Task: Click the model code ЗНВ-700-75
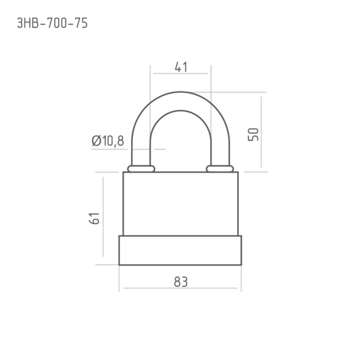[x=53, y=23]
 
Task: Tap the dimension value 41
[x=181, y=67]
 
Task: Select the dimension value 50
[x=253, y=134]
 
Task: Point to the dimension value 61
[x=94, y=218]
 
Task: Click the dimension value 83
[x=181, y=282]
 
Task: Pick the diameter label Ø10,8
[x=108, y=141]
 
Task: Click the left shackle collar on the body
[x=141, y=169]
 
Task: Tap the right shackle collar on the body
[x=220, y=169]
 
